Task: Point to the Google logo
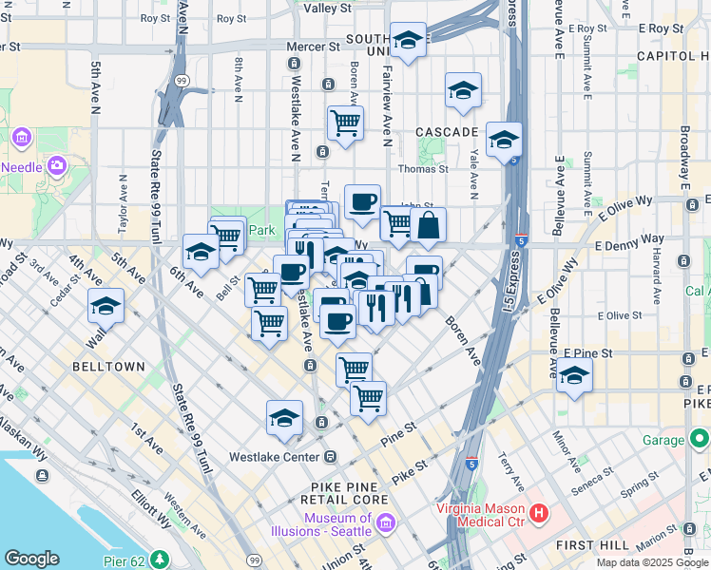[31, 559]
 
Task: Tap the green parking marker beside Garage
[701, 440]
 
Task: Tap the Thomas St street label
[423, 169]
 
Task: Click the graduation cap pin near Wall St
[106, 306]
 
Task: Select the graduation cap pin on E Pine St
[574, 375]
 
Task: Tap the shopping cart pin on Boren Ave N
[345, 122]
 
